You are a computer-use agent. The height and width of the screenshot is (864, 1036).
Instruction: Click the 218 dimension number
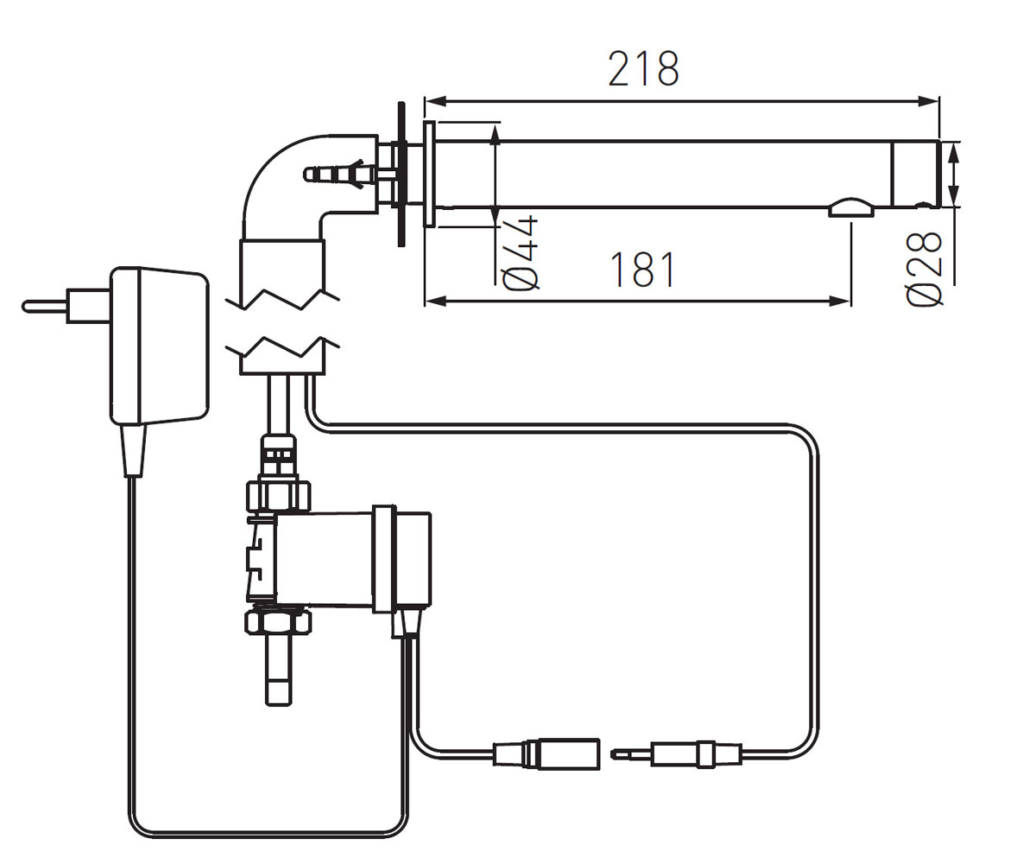click(643, 69)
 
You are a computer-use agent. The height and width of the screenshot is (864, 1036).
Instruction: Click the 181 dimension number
click(642, 270)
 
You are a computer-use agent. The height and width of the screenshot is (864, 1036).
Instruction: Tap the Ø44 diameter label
click(521, 252)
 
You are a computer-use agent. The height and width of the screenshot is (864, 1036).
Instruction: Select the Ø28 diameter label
click(924, 269)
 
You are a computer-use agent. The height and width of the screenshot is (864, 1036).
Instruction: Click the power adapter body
click(159, 346)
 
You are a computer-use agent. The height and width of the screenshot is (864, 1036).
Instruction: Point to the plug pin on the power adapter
click(45, 307)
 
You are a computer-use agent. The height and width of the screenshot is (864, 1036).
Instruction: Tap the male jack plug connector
click(677, 755)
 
